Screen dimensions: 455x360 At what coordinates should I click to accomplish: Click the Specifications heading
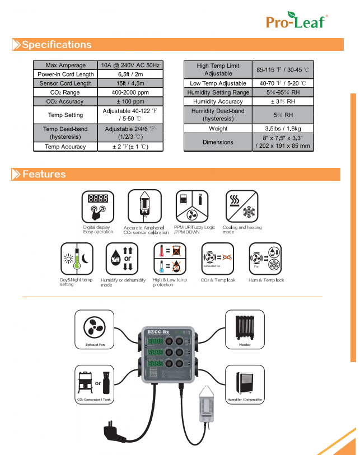point(56,45)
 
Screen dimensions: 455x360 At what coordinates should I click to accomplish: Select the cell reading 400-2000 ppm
point(130,92)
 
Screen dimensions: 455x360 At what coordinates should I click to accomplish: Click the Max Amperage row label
point(66,65)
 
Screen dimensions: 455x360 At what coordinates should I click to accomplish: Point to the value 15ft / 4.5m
point(130,83)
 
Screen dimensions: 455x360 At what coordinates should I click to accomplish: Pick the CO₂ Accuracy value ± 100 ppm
point(130,101)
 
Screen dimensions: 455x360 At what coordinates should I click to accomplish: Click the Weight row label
point(218,129)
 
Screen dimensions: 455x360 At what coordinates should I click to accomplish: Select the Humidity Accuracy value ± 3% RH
point(283,101)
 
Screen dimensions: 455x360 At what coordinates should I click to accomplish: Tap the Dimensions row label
point(218,142)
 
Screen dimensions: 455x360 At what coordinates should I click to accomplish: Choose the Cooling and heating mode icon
point(241,206)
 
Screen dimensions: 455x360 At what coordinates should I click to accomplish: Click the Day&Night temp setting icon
point(76,259)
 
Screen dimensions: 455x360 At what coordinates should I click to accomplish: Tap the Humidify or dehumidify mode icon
point(122,259)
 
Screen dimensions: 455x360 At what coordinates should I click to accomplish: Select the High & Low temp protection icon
point(170,259)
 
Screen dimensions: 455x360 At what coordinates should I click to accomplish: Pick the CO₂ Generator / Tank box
point(95,384)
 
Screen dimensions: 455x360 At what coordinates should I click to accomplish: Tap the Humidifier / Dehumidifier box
point(245,384)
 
